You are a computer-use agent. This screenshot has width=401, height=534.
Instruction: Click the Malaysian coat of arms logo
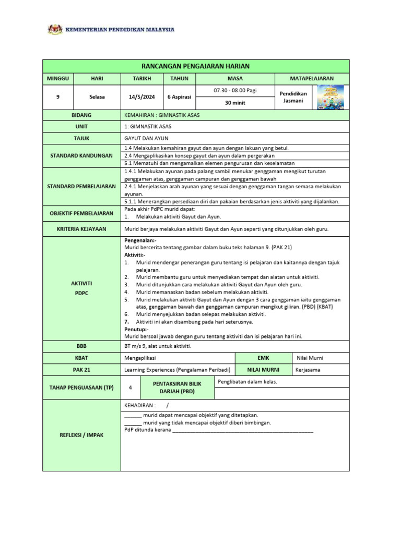(54, 30)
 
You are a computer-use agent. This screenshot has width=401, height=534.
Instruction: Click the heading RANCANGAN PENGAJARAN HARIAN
(196, 66)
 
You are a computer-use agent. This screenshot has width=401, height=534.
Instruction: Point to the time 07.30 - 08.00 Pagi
(235, 91)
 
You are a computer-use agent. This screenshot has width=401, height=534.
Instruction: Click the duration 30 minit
(235, 103)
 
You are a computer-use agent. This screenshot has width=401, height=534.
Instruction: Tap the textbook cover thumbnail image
(331, 97)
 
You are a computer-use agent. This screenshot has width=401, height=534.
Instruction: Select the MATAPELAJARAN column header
(312, 78)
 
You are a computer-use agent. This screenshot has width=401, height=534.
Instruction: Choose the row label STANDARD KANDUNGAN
(81, 155)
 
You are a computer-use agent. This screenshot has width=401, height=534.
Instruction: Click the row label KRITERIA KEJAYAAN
(81, 228)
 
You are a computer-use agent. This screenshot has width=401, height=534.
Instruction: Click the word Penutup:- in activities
(136, 330)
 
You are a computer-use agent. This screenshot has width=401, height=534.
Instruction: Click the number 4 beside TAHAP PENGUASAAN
(130, 387)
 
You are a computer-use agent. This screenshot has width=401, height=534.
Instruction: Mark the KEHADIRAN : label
(139, 405)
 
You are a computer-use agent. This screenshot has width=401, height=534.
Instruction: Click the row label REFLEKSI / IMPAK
(81, 435)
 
